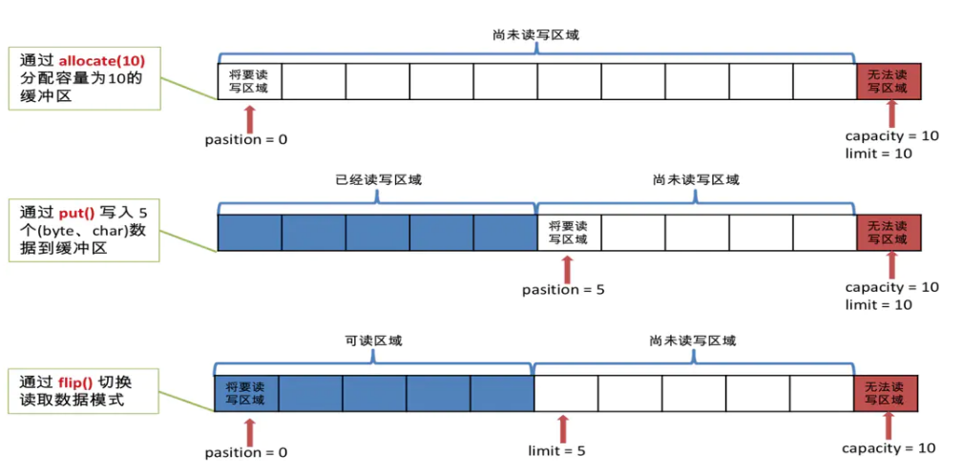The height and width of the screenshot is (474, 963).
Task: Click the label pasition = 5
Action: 563,290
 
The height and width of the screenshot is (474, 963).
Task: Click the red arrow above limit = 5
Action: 562,427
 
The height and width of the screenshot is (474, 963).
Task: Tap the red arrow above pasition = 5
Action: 569,268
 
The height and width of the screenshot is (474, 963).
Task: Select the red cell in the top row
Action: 889,81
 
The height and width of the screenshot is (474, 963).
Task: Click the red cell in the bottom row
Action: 886,394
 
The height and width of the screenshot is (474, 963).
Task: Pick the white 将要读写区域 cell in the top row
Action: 249,81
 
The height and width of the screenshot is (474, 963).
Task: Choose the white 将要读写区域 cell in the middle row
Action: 569,232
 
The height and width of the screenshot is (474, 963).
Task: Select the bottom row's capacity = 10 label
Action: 889,448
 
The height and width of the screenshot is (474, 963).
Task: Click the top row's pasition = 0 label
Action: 246,139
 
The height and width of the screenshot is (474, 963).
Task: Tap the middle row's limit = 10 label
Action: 878,304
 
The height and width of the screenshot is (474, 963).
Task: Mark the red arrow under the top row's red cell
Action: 892,113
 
